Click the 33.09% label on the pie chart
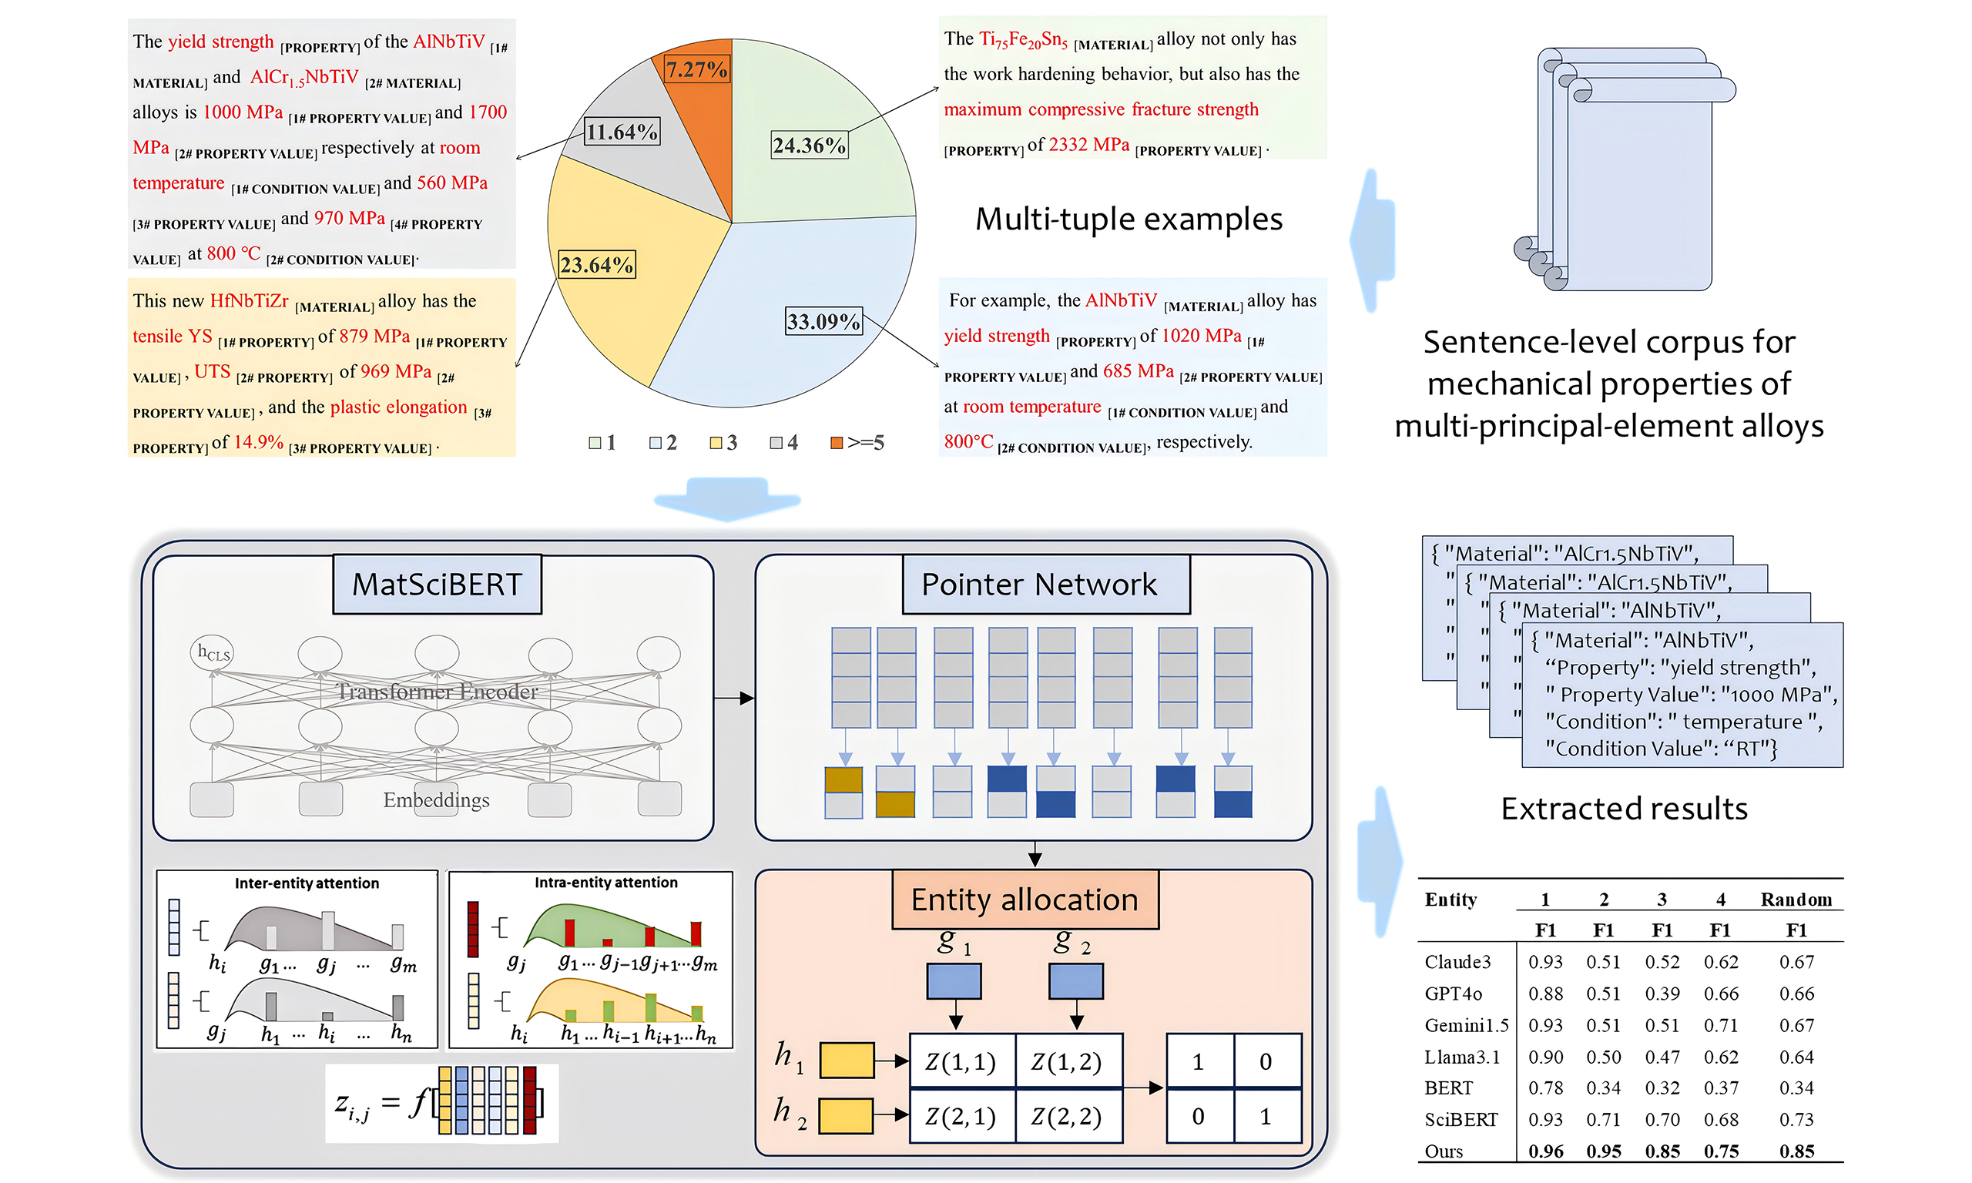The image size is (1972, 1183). pos(823,321)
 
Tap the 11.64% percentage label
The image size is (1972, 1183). pos(622,132)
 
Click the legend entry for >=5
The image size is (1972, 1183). pos(857,442)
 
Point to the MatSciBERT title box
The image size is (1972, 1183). pos(437,585)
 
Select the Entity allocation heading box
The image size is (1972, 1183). pos(1025,900)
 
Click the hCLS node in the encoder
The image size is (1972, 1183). pos(212,653)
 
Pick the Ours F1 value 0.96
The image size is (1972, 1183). pos(1544,1151)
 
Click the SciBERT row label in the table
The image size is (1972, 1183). pos(1461,1119)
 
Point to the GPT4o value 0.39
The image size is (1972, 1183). pos(1662,994)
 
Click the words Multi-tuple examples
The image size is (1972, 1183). pos(1128,220)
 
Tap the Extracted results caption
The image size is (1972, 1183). pos(1624,809)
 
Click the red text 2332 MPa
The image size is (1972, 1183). pos(1088,144)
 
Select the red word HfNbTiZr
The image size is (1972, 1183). pos(249,300)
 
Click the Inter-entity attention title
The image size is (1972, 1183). pos(306,883)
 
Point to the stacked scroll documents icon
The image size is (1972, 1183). pos(1623,169)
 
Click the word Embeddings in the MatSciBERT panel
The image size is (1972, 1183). pos(436,799)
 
